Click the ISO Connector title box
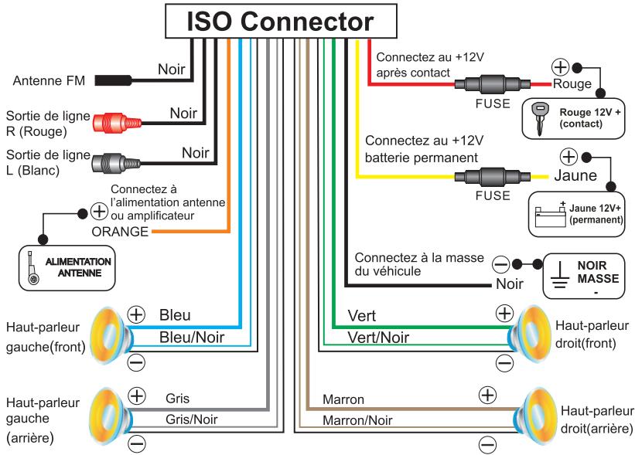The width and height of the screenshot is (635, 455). click(x=281, y=21)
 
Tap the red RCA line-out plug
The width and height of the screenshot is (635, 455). click(x=118, y=123)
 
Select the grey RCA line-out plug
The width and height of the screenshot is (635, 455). click(x=116, y=163)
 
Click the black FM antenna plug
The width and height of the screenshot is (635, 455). click(x=114, y=80)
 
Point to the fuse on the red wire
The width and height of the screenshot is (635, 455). click(x=492, y=84)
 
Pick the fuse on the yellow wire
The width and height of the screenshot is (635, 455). click(x=492, y=177)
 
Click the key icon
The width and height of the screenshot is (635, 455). click(x=540, y=117)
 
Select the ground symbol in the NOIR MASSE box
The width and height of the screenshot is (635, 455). click(x=560, y=276)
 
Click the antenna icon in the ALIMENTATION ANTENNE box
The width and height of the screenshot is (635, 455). click(x=32, y=268)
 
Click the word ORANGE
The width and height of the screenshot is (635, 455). click(x=120, y=232)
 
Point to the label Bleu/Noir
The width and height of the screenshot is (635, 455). click(x=192, y=338)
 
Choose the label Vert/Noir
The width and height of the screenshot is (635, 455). click(x=378, y=338)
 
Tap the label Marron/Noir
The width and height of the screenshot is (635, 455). click(x=357, y=420)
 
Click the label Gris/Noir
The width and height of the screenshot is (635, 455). click(x=191, y=419)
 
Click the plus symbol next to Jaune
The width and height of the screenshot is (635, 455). click(x=568, y=157)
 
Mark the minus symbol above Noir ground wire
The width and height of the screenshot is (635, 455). click(x=501, y=265)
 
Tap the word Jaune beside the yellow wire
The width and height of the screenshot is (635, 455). click(x=575, y=175)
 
